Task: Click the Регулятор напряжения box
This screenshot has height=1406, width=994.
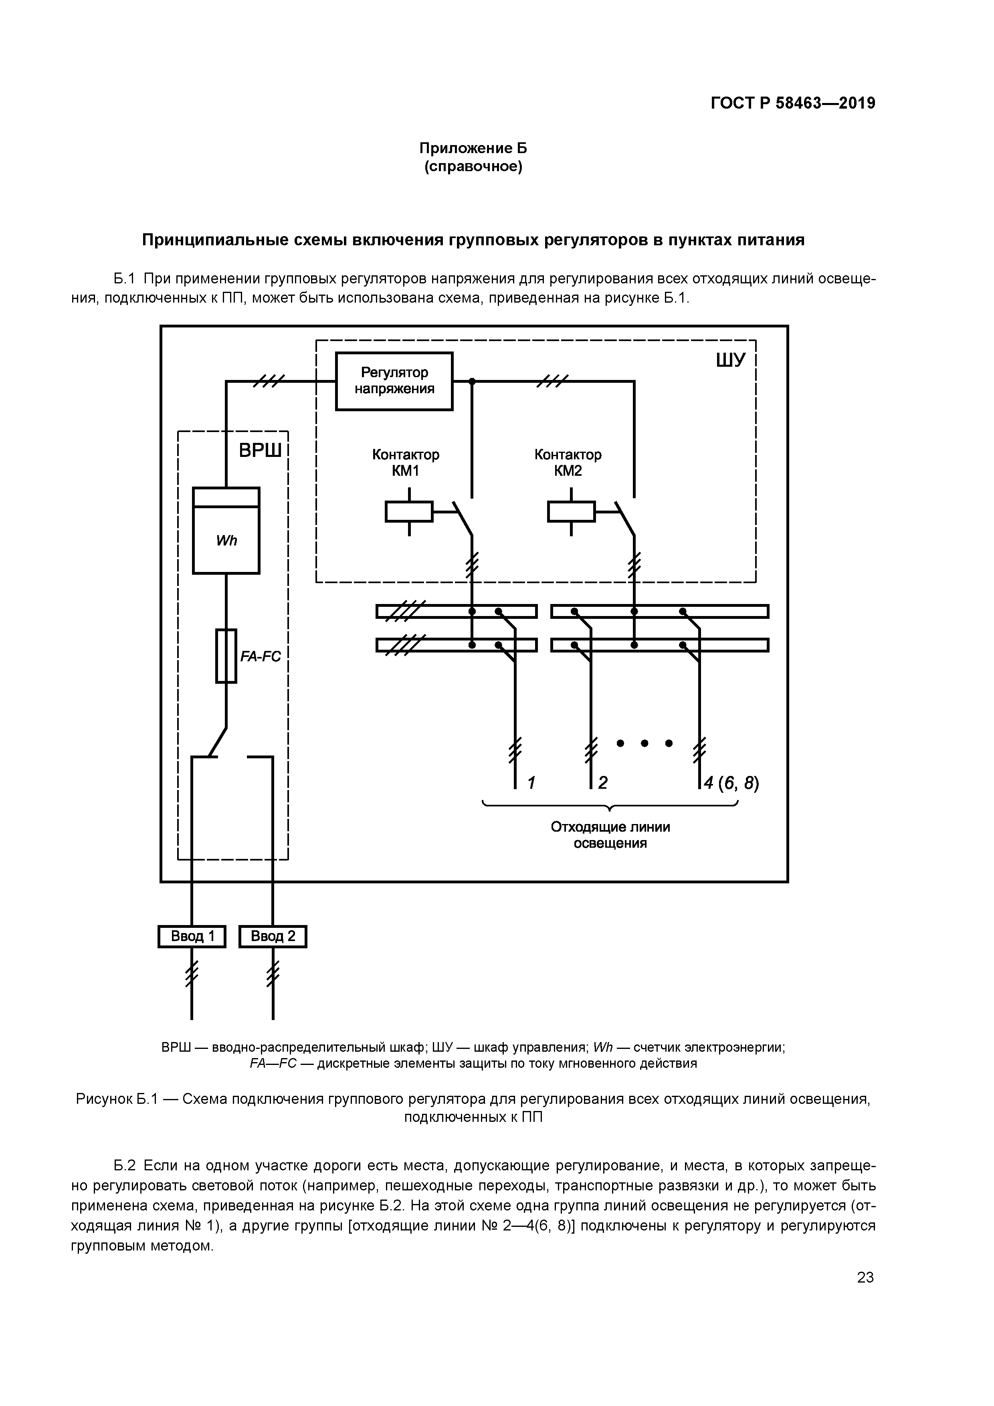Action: tap(394, 381)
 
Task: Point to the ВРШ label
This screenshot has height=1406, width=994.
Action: tap(260, 451)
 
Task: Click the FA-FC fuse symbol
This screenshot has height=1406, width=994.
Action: tap(226, 656)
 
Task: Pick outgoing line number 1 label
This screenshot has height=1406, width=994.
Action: tap(531, 783)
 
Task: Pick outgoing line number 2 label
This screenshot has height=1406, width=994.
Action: tap(603, 783)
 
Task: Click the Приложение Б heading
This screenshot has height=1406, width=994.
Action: tap(473, 148)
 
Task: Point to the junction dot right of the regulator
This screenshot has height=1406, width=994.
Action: tap(472, 382)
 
